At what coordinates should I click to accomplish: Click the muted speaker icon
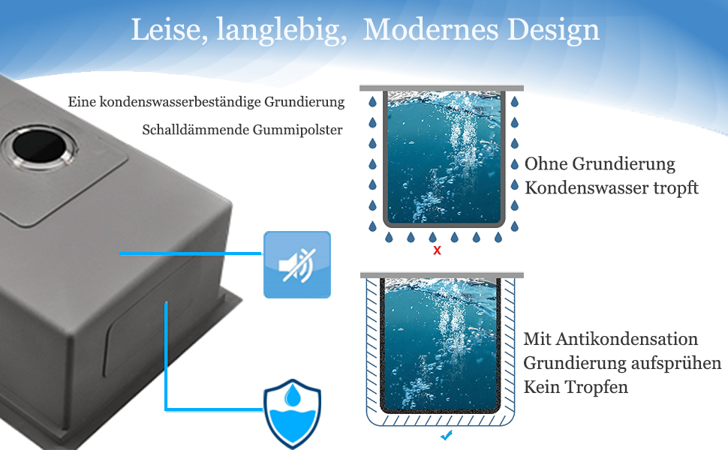pos(296,265)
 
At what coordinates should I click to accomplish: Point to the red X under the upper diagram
pos(437,250)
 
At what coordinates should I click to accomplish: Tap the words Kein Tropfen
pos(576,387)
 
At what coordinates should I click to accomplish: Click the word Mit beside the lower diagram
pos(537,340)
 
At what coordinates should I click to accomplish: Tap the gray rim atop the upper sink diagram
pos(441,88)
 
